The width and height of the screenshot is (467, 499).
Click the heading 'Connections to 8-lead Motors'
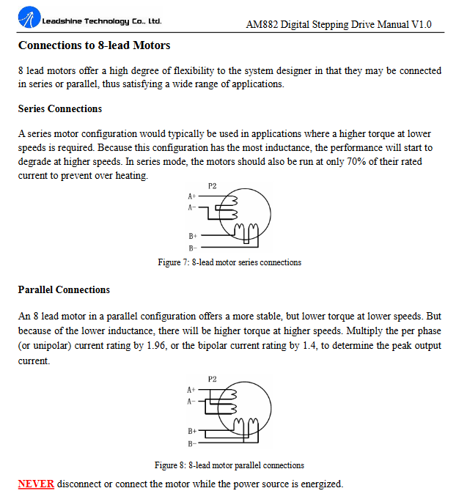[x=94, y=45]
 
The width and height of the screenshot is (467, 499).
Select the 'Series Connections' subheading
[x=60, y=109]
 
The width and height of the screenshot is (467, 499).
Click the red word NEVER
[x=36, y=484]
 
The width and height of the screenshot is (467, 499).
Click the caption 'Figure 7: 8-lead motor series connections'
[x=229, y=262]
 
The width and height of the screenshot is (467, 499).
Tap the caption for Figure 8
[x=229, y=465]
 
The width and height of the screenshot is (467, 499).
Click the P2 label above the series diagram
[x=212, y=186]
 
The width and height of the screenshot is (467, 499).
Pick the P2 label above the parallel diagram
[x=212, y=380]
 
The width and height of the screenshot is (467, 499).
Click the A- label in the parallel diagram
[x=191, y=402]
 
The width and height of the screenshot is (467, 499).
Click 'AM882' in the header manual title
[x=265, y=25]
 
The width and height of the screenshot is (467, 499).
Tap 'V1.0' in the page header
[x=422, y=25]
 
